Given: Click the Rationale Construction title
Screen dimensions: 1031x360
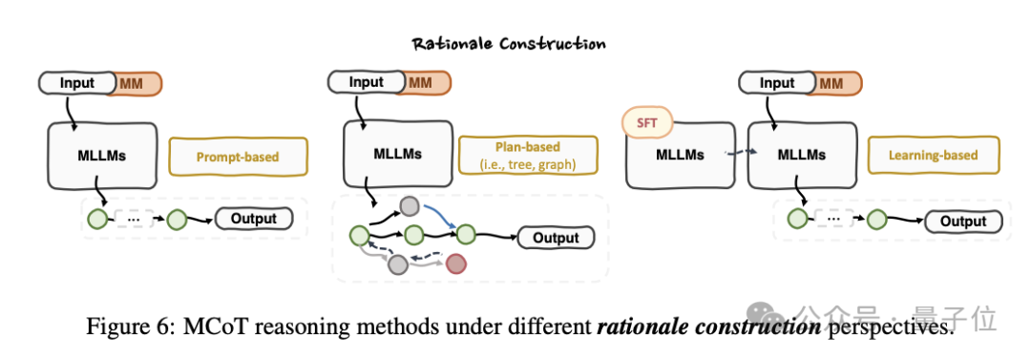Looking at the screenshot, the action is [508, 44].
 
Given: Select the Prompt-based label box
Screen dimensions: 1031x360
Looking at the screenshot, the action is [238, 157].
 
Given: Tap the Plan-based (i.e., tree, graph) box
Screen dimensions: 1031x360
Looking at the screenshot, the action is [528, 156].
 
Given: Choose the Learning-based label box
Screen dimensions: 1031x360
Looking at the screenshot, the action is [933, 156].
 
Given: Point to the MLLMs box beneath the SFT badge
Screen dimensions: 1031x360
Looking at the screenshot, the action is [680, 156].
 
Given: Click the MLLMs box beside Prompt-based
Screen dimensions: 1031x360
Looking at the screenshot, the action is [102, 156].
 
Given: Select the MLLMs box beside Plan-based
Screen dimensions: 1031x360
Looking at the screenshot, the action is [398, 154].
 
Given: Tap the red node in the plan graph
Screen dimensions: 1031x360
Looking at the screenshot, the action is [455, 265].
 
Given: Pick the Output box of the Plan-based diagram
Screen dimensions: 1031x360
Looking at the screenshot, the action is [556, 238].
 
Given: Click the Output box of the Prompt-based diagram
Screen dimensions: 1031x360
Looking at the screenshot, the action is [254, 219].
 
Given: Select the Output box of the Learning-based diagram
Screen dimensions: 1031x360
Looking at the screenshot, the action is [963, 222].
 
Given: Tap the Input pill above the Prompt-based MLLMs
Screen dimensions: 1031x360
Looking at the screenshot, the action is [77, 83].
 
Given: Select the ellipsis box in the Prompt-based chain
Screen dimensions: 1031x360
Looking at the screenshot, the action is [134, 219].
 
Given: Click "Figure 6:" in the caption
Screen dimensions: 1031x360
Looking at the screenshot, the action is [122, 328].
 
